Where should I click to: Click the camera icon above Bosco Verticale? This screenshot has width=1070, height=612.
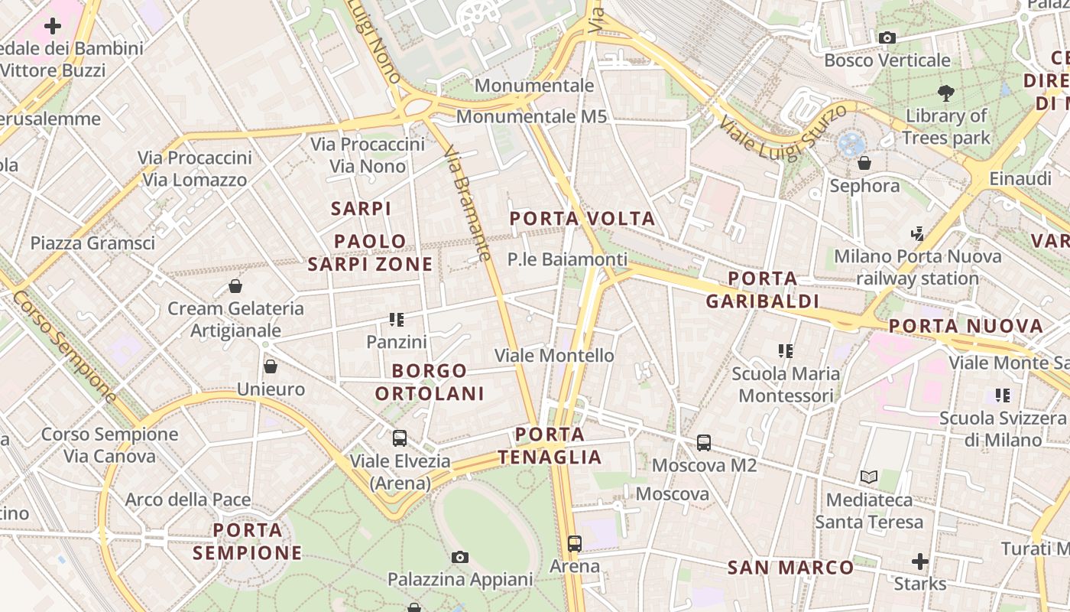click(x=887, y=37)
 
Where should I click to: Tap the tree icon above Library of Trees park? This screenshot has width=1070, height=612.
click(x=946, y=93)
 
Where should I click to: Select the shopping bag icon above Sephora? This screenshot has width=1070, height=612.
click(x=864, y=163)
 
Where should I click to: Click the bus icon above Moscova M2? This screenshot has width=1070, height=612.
click(x=704, y=442)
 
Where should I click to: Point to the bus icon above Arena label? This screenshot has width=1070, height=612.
click(x=575, y=544)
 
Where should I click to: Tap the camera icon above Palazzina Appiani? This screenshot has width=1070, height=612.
click(x=459, y=557)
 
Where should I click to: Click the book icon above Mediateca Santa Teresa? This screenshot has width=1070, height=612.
click(x=869, y=477)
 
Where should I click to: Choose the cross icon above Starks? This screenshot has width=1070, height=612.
click(x=920, y=562)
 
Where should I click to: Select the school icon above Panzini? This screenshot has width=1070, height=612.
click(x=396, y=319)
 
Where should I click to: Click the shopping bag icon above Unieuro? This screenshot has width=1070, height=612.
click(x=270, y=366)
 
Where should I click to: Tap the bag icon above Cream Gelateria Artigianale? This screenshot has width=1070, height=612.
click(x=235, y=286)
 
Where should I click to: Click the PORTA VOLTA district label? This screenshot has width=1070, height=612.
click(x=582, y=219)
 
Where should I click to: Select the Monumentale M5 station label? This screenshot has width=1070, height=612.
click(x=531, y=117)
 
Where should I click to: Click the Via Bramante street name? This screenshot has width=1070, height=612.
click(x=467, y=203)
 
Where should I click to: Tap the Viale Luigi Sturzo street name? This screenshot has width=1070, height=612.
click(x=783, y=133)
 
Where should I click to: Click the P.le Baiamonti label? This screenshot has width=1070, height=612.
click(x=567, y=259)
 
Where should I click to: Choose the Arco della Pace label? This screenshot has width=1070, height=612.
click(x=188, y=500)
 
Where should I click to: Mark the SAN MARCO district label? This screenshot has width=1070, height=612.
click(x=790, y=568)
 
